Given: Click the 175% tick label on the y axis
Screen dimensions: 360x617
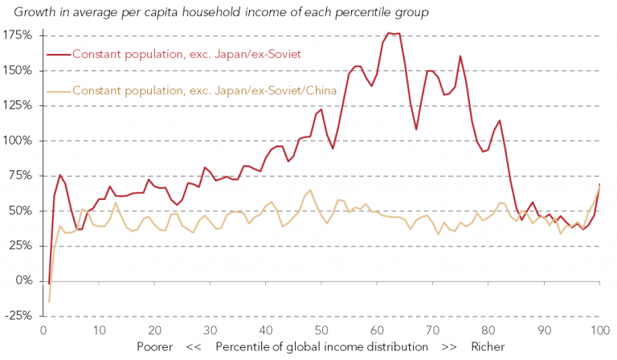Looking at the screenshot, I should [16, 35].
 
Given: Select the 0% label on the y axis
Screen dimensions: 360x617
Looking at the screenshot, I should [22, 281].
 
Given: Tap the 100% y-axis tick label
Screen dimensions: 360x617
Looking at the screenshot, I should [16, 141].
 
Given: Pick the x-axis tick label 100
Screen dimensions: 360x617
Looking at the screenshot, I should [599, 330].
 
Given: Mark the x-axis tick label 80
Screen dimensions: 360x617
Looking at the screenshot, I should [488, 330].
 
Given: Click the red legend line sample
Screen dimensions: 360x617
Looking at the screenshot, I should [59, 55].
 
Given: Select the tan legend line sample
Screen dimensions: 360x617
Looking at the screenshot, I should [59, 90].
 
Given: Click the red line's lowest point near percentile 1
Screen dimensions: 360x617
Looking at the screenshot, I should [49, 284].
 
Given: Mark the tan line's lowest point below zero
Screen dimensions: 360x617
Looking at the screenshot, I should [49, 302].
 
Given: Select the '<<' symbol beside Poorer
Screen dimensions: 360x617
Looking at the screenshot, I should [193, 347].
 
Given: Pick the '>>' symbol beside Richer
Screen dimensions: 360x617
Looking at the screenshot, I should [449, 347].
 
